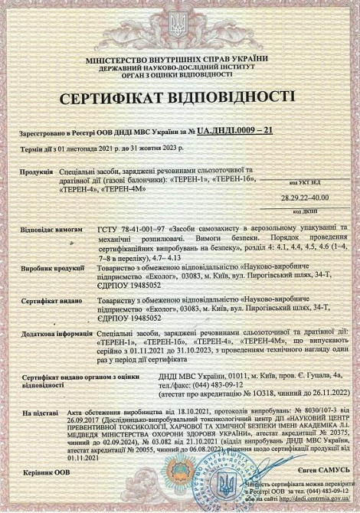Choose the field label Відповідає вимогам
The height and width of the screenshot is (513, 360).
[46, 230]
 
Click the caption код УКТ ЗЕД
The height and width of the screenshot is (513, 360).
[309, 185]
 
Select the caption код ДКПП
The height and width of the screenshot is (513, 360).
[309, 210]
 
